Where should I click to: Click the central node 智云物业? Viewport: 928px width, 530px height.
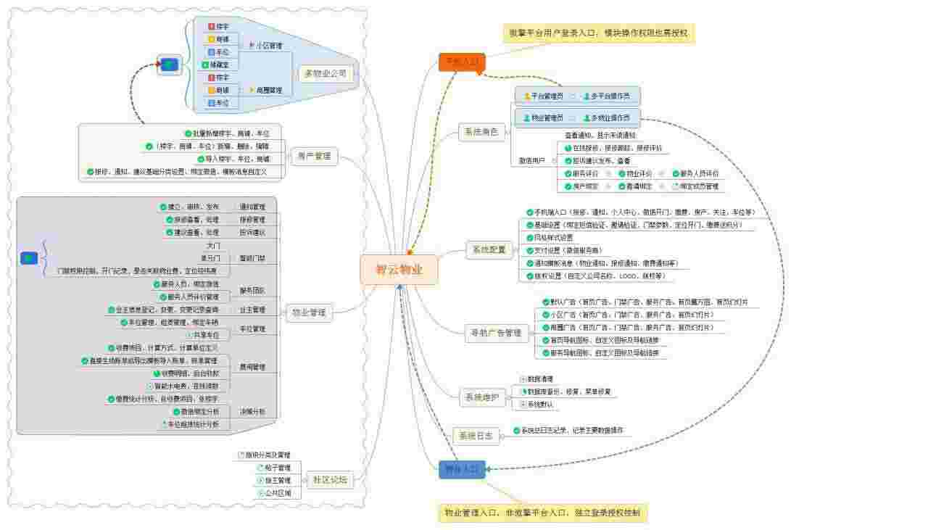[398, 270]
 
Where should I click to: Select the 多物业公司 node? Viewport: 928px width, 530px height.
[326, 73]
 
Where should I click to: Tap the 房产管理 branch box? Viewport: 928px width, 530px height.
[313, 156]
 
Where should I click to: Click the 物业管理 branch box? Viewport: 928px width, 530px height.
[309, 313]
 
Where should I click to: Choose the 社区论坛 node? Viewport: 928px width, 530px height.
[330, 480]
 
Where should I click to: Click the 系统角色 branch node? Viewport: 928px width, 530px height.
[481, 133]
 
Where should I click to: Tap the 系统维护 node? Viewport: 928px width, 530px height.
[482, 397]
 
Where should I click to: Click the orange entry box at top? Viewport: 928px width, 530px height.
[461, 62]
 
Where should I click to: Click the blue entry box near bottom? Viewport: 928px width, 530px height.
[462, 470]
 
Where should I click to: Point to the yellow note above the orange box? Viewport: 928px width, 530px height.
[599, 33]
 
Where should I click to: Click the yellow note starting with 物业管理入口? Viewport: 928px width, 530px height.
[542, 513]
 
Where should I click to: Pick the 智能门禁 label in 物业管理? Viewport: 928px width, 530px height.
[252, 258]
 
